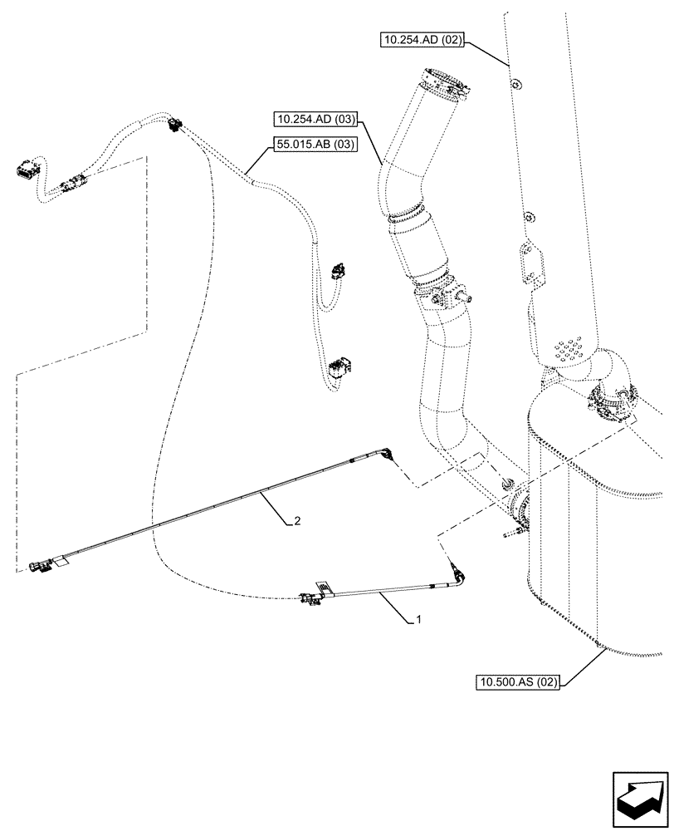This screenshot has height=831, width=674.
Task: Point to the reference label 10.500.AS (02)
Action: pyautogui.click(x=519, y=682)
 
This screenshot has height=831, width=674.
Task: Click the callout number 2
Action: pyautogui.click(x=296, y=522)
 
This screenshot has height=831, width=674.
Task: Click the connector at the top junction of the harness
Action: pyautogui.click(x=173, y=125)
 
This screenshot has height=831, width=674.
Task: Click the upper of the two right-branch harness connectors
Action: pyautogui.click(x=338, y=271)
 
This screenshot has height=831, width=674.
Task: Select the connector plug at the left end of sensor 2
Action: pyautogui.click(x=39, y=567)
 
